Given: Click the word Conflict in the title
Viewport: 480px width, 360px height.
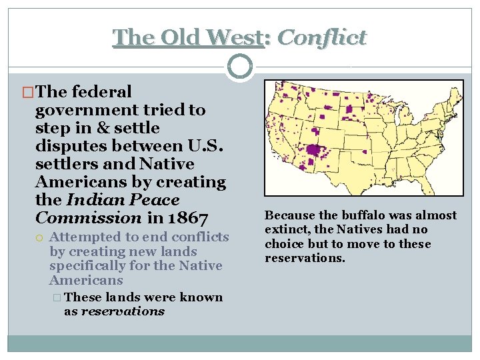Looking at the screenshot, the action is pyautogui.click(x=321, y=37).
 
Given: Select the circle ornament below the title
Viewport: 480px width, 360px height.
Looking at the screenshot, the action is pyautogui.click(x=240, y=67).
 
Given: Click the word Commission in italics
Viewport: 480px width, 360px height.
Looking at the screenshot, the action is pyautogui.click(x=88, y=217).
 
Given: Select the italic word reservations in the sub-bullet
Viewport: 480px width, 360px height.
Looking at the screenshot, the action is pyautogui.click(x=123, y=311).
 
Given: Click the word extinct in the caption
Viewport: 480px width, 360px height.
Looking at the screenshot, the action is pyautogui.click(x=287, y=230).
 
